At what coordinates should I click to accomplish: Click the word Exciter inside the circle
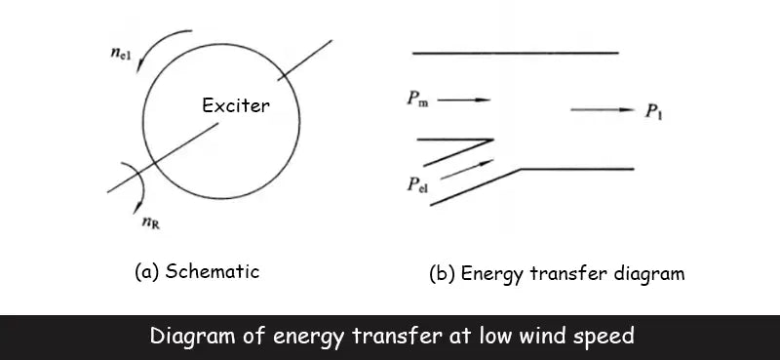click(x=235, y=105)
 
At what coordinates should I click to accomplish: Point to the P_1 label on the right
click(x=654, y=111)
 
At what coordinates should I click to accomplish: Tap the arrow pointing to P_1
click(x=603, y=110)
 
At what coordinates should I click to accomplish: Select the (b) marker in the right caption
click(x=444, y=274)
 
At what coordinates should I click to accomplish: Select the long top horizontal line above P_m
click(x=516, y=52)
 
